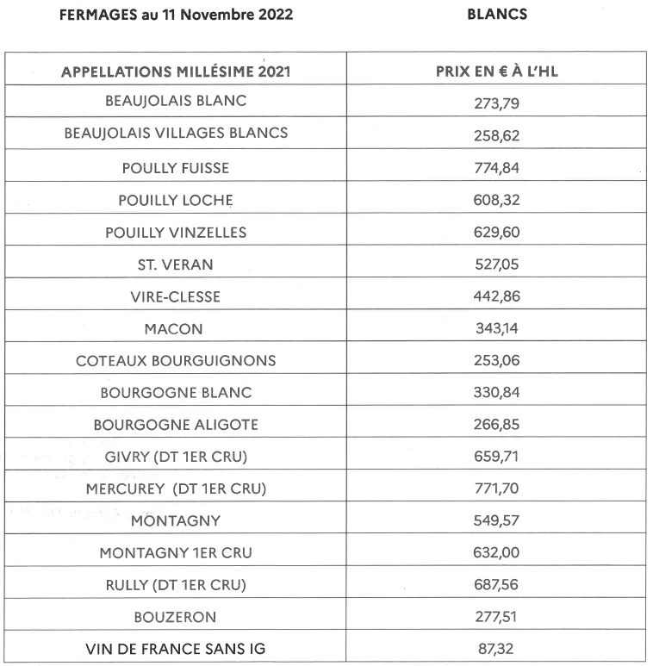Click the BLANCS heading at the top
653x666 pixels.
pyautogui.click(x=496, y=15)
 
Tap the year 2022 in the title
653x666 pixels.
pyautogui.click(x=270, y=15)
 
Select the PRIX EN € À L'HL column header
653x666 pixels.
pyautogui.click(x=496, y=72)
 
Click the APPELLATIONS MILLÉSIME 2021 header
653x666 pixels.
pyautogui.click(x=176, y=72)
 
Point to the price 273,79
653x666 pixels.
pyautogui.click(x=497, y=103)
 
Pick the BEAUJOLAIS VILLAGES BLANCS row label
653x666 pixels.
pyautogui.click(x=176, y=134)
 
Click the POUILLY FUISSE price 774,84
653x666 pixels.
pyautogui.click(x=497, y=168)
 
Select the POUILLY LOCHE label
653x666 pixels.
pyautogui.click(x=176, y=200)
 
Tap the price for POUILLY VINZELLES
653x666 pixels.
pyautogui.click(x=497, y=233)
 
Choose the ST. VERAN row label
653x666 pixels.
pyautogui.click(x=176, y=265)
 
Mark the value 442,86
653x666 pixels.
pyautogui.click(x=497, y=297)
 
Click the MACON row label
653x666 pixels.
pyautogui.click(x=176, y=328)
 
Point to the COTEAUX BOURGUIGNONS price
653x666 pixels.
pyautogui.click(x=497, y=361)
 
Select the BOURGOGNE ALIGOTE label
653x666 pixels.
pyautogui.click(x=176, y=425)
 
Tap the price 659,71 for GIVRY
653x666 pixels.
pyautogui.click(x=497, y=457)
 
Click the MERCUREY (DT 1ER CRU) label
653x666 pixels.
pyautogui.click(x=176, y=489)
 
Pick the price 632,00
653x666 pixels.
pyautogui.click(x=497, y=553)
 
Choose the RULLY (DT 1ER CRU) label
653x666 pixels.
pyautogui.click(x=176, y=585)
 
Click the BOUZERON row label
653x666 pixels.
pyautogui.click(x=176, y=617)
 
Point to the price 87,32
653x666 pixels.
pyautogui.click(x=497, y=650)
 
